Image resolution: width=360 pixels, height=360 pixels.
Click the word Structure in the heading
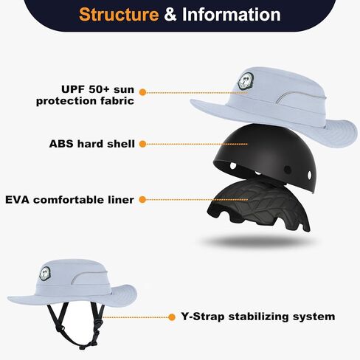[x=119, y=15]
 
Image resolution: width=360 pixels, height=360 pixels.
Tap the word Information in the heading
[x=232, y=15]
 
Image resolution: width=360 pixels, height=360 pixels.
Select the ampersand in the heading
[x=170, y=15]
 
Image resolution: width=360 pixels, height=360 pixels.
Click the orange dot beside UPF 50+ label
[x=142, y=92]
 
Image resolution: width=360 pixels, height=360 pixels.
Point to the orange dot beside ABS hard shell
[x=142, y=144]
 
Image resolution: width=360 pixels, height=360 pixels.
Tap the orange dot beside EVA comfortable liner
[x=142, y=199]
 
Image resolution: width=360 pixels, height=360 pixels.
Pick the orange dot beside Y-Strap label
[x=172, y=317]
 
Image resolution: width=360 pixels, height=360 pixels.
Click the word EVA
[x=18, y=200]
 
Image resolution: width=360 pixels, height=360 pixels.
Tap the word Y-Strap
[x=203, y=316]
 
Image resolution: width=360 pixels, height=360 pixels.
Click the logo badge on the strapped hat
[x=45, y=273]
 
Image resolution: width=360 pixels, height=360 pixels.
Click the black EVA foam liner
[x=259, y=204]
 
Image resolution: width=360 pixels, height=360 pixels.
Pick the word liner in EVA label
[x=120, y=200]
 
